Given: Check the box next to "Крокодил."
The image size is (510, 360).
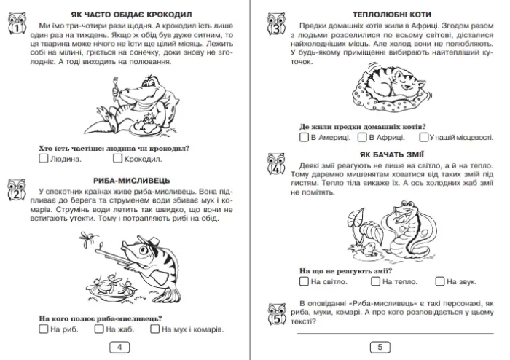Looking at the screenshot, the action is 117,158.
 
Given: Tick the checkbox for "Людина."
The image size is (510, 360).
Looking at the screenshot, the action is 43,158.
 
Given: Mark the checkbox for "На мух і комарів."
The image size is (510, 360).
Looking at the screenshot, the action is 154,329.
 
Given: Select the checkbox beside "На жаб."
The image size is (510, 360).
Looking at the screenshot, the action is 99,329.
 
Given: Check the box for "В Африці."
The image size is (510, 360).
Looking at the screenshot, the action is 362,137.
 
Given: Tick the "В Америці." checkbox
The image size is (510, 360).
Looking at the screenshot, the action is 304,137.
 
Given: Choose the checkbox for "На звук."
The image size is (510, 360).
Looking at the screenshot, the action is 440,281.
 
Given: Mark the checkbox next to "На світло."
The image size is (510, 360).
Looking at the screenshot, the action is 304,281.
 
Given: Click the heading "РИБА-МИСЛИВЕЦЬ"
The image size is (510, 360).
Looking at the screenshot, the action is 132,181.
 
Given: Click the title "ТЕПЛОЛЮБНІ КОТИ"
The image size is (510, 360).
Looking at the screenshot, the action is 392,15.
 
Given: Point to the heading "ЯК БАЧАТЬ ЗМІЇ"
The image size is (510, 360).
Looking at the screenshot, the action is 392,154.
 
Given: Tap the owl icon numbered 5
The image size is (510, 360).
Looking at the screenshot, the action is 276,314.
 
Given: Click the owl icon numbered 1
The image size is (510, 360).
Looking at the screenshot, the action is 17,23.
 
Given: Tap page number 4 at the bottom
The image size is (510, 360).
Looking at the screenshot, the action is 119,348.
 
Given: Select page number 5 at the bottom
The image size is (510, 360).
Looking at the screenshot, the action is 380,348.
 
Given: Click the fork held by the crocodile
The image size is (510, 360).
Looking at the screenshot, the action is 115,86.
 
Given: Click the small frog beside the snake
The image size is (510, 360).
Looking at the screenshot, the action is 368,249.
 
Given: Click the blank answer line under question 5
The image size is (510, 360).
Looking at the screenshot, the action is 395,334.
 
